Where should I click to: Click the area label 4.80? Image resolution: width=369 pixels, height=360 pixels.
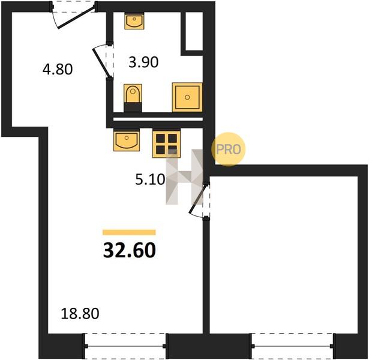(58, 69)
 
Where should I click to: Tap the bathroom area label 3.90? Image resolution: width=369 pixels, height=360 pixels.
(143, 62)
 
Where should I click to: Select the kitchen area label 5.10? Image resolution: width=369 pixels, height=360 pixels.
(150, 179)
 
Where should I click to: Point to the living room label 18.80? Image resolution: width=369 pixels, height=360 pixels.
(80, 314)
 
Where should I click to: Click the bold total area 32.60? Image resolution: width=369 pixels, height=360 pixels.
(130, 250)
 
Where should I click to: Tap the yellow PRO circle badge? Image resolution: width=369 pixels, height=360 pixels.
(228, 149)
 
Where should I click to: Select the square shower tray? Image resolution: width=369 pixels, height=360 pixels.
(187, 97)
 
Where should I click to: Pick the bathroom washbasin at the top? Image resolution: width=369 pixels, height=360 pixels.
(134, 21)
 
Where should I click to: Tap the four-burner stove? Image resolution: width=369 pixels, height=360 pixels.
(167, 144)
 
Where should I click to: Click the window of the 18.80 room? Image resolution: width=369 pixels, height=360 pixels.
(125, 346)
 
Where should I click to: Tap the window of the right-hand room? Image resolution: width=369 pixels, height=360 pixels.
(293, 346)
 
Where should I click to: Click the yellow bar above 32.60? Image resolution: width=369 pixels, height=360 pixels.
(129, 232)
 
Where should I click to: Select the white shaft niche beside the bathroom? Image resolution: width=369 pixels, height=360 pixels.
(194, 31)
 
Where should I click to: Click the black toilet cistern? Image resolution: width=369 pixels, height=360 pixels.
(133, 107)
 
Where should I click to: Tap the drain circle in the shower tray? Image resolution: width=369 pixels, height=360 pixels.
(187, 97)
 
